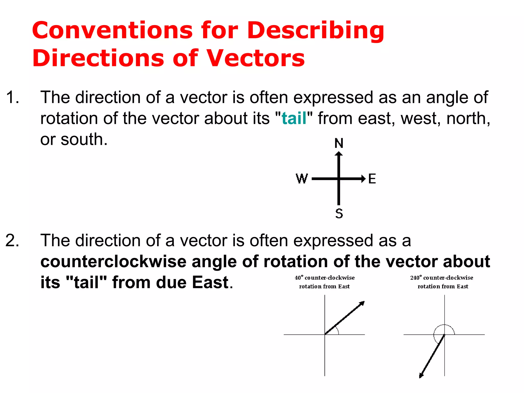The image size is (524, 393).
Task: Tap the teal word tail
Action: [294, 118]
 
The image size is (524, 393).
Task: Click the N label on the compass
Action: [339, 143]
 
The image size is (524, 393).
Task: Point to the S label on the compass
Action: [339, 213]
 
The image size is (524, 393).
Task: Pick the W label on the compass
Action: [302, 179]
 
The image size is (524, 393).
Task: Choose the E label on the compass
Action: [372, 179]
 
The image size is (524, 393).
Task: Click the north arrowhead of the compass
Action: [339, 154]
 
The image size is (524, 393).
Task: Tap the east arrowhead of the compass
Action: [363, 179]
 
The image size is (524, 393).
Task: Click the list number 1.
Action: [12, 97]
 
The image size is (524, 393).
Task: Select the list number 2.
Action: [12, 241]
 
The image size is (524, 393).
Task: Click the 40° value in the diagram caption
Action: [299, 278]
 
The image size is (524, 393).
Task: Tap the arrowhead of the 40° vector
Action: [362, 304]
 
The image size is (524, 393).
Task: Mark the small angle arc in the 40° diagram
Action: [337, 330]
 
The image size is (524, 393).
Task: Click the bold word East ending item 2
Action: [210, 282]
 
